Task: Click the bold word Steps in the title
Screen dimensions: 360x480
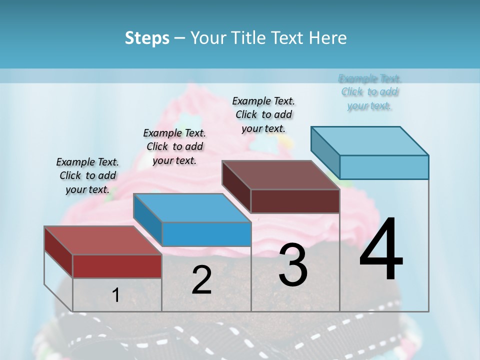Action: point(147,38)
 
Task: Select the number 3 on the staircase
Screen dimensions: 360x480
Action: point(293,265)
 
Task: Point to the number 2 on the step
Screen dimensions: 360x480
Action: point(201,280)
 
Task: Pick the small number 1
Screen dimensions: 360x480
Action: point(116,295)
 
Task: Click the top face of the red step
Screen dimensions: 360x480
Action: point(102,240)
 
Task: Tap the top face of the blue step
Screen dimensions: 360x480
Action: point(192,208)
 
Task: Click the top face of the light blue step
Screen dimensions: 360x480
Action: point(370,140)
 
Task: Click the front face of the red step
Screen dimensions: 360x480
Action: point(117,266)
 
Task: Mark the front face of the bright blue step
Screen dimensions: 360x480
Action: point(206,234)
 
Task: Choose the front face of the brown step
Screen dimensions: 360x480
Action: point(295,201)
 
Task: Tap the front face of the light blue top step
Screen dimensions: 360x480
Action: point(384,167)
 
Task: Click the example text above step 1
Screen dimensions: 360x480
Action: point(87,175)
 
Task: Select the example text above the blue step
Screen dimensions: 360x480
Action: point(174,146)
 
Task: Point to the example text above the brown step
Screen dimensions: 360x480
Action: point(263,114)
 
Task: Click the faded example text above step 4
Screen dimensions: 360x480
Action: point(369,92)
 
